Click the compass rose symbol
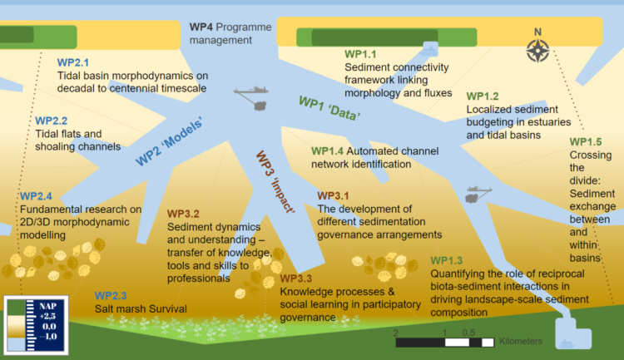point(537,51)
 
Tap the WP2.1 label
point(73,62)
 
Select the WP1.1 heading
point(360,54)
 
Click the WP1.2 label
point(483,96)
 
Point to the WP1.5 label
point(586,142)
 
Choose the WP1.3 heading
point(447,260)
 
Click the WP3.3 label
point(295,279)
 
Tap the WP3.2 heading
point(183,214)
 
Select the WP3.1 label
point(333,195)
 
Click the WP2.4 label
point(36,196)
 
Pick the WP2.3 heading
point(111,295)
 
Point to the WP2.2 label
point(52,121)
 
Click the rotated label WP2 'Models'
point(169,141)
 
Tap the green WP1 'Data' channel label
point(329,108)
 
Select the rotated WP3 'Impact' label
point(275,182)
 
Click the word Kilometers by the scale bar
point(521,342)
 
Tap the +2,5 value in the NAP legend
point(47,316)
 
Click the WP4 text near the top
point(201,27)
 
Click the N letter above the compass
point(537,32)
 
